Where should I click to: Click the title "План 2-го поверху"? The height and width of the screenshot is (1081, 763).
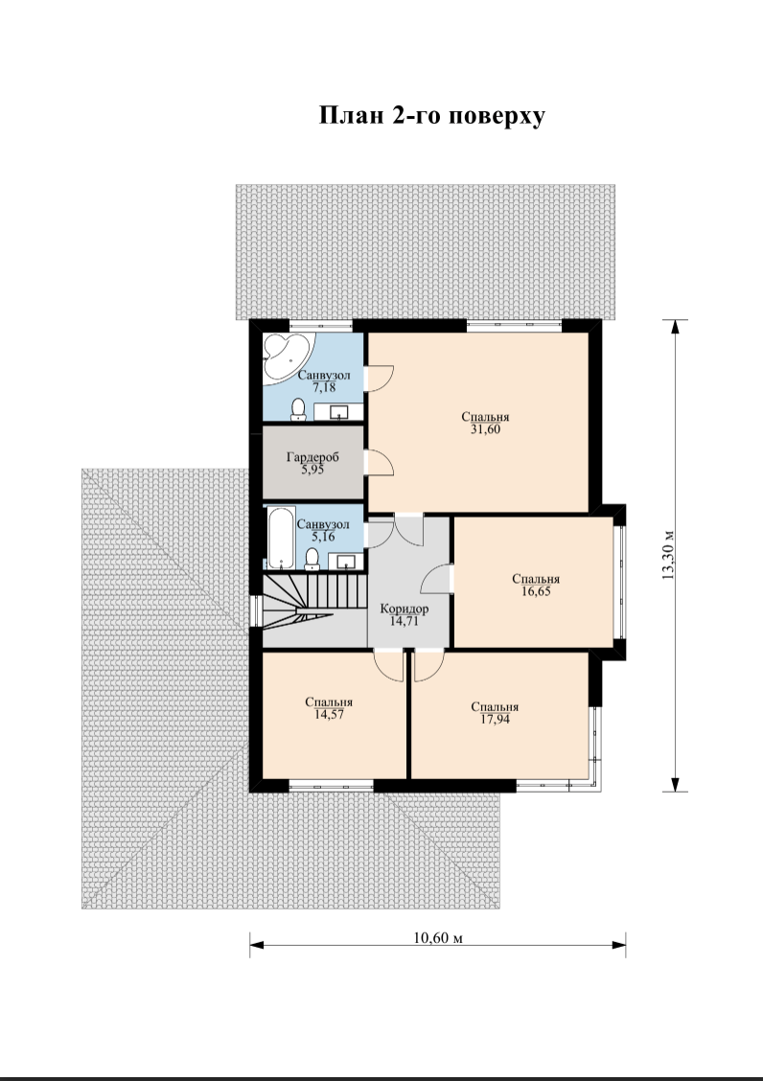point(432,116)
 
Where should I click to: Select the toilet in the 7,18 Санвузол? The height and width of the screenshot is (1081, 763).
point(299,409)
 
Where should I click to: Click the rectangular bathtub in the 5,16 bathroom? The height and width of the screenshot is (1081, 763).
point(280,537)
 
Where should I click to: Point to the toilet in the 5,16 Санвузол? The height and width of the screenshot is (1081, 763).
point(312,559)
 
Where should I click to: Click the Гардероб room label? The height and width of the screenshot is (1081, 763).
point(312,457)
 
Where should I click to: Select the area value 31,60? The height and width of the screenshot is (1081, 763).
point(485,428)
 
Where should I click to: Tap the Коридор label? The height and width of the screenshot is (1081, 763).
point(405,609)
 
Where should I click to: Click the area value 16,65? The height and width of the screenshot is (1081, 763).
point(536,591)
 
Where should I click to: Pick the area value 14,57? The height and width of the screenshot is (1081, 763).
point(329,714)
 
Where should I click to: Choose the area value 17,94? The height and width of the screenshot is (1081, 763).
point(495,719)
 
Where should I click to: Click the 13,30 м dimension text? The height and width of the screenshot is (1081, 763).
point(668,556)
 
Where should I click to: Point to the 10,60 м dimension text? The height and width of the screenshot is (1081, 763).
point(437,937)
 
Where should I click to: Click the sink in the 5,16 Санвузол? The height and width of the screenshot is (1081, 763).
point(345,562)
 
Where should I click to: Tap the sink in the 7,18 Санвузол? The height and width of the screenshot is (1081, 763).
point(340,412)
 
